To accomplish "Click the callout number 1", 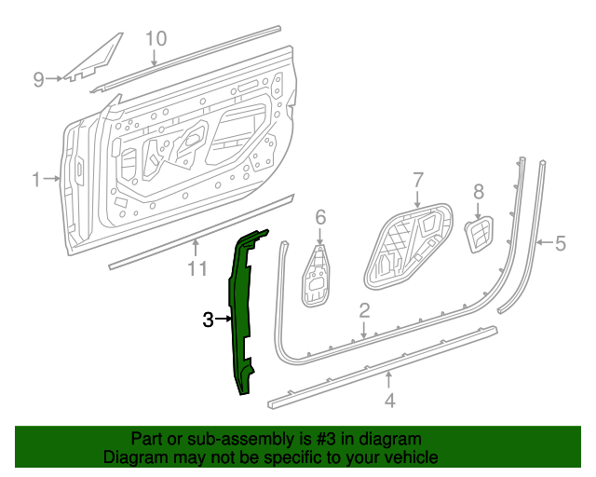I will (x=36, y=179).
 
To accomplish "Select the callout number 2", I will (x=365, y=310).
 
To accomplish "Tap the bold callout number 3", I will (x=208, y=320).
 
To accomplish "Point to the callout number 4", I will (x=390, y=402).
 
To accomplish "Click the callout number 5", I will (x=561, y=244).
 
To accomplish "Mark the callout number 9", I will (x=39, y=79).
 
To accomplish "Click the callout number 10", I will (x=156, y=38).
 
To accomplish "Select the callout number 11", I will (x=196, y=269).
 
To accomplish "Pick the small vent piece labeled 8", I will (x=479, y=235).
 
